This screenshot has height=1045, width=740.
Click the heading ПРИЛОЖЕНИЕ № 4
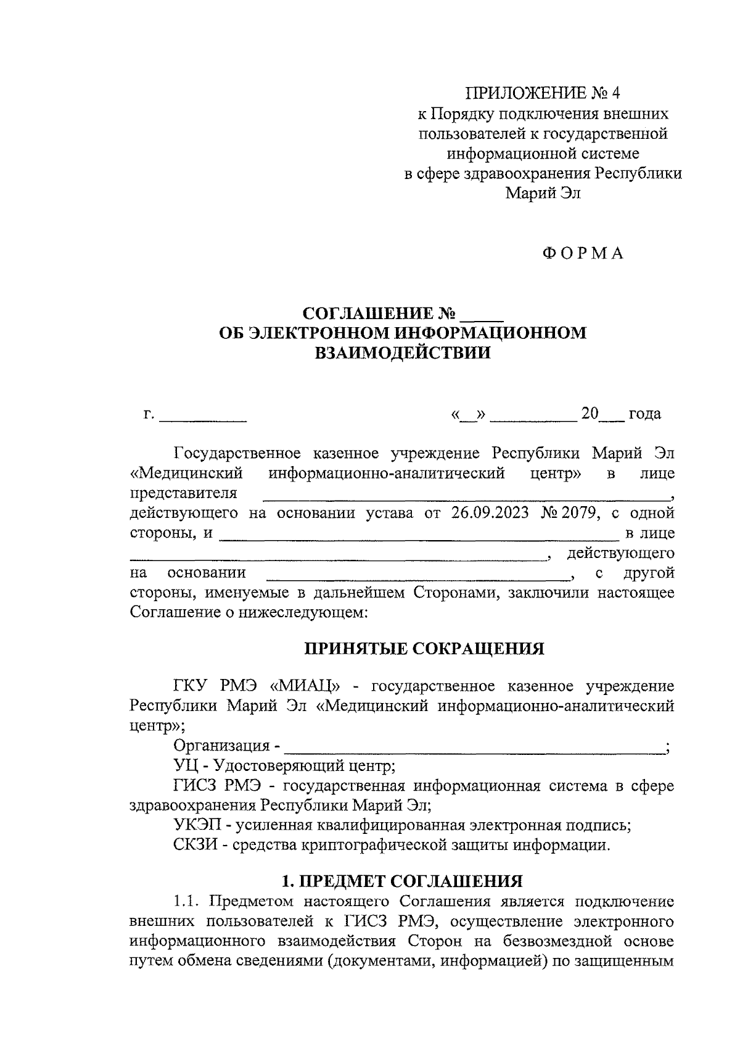pyautogui.click(x=542, y=93)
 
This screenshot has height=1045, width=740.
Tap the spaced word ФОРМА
pyautogui.click(x=583, y=253)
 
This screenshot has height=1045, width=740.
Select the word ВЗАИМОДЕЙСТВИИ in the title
pyautogui.click(x=403, y=353)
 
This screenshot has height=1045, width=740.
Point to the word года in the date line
pyautogui.click(x=644, y=414)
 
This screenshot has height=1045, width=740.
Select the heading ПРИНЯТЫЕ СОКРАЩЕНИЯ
pyautogui.click(x=425, y=649)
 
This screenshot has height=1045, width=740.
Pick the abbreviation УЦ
pyautogui.click(x=185, y=766)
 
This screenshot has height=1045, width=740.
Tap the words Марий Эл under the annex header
pyautogui.click(x=543, y=193)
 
